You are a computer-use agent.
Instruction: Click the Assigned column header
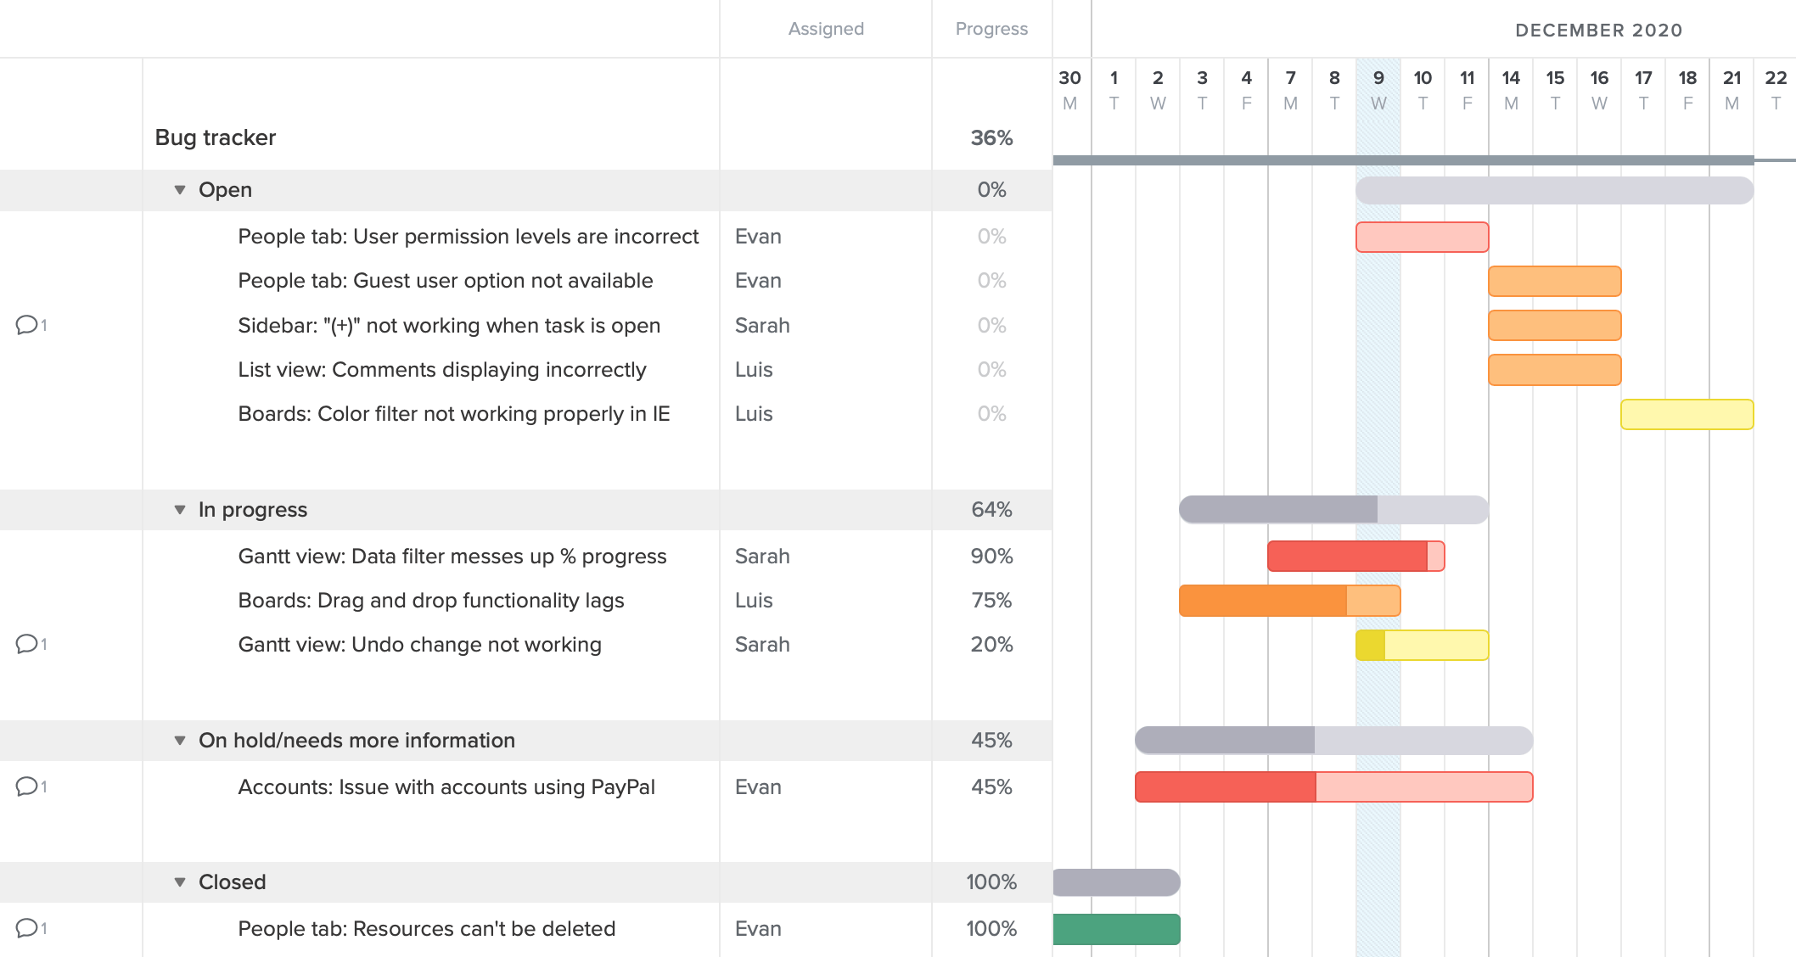[x=825, y=29]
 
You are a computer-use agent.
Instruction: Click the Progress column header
[x=991, y=29]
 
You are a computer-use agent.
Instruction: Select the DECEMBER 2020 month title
[x=1598, y=31]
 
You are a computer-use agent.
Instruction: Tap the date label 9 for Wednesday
[x=1378, y=78]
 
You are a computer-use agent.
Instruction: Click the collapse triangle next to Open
[x=180, y=190]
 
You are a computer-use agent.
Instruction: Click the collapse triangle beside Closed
[x=180, y=882]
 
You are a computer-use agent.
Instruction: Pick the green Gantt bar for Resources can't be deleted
[x=1116, y=929]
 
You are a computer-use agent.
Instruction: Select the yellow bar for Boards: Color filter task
[x=1687, y=414]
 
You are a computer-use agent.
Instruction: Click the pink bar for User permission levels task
[x=1422, y=237]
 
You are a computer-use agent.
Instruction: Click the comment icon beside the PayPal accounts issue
[x=27, y=786]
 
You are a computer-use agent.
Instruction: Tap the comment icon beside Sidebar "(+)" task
[x=27, y=325]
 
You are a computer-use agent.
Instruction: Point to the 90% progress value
[x=991, y=557]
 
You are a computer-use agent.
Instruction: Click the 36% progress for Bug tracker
[x=991, y=138]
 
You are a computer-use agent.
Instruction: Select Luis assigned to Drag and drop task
[x=754, y=601]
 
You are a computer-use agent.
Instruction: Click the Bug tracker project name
[x=216, y=138]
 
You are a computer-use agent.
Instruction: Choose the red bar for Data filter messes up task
[x=1355, y=557]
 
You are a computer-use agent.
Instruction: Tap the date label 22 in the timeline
[x=1775, y=78]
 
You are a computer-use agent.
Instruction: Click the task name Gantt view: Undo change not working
[x=419, y=645]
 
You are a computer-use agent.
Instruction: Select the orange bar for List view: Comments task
[x=1554, y=370]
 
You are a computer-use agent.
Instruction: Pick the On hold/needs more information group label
[x=356, y=741]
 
